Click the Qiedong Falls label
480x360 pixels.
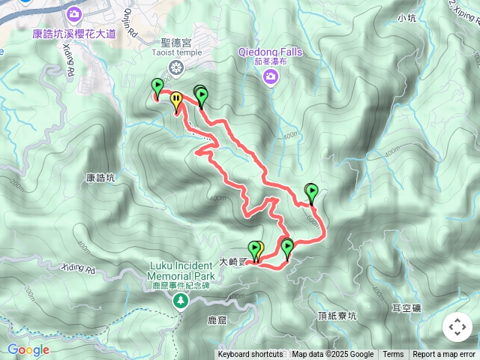click(270, 52)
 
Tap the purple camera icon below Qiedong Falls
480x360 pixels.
click(271, 76)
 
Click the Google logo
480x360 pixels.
click(28, 349)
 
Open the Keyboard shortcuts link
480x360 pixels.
click(250, 355)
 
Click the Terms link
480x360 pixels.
click(393, 355)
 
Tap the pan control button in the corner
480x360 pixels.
click(457, 327)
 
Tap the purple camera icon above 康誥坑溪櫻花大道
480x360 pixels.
click(74, 13)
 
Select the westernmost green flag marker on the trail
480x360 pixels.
click(157, 87)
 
